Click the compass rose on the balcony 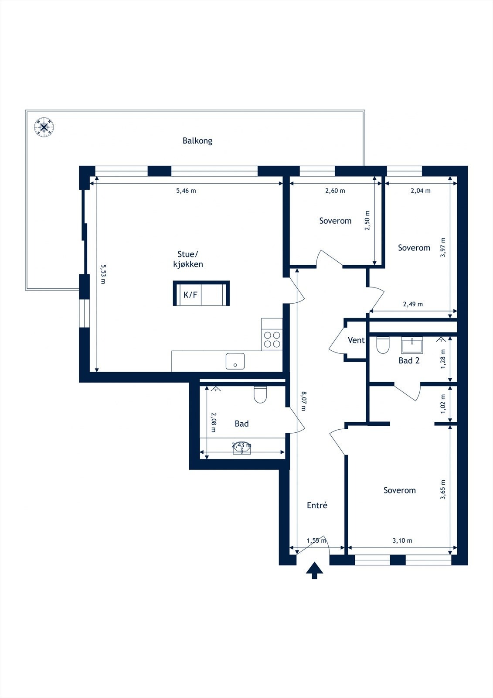pyautogui.click(x=44, y=127)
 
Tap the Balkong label pyautogui.click(x=197, y=141)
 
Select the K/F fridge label pyautogui.click(x=190, y=294)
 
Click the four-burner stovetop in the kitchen pyautogui.click(x=272, y=340)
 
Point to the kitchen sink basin pyautogui.click(x=235, y=361)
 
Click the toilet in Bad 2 pyautogui.click(x=383, y=345)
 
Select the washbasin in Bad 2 pyautogui.click(x=412, y=345)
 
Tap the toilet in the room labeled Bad pyautogui.click(x=260, y=395)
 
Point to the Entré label pyautogui.click(x=317, y=505)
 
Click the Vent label pyautogui.click(x=356, y=340)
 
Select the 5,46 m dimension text pyautogui.click(x=186, y=191)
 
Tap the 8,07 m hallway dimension pyautogui.click(x=304, y=401)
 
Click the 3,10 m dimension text pyautogui.click(x=402, y=541)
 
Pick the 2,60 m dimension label pyautogui.click(x=335, y=191)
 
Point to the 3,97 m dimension pyautogui.click(x=442, y=247)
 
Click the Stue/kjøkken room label pyautogui.click(x=188, y=259)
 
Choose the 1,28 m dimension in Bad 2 pyautogui.click(x=443, y=359)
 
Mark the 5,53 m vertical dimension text pyautogui.click(x=103, y=274)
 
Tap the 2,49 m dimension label pyautogui.click(x=413, y=304)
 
